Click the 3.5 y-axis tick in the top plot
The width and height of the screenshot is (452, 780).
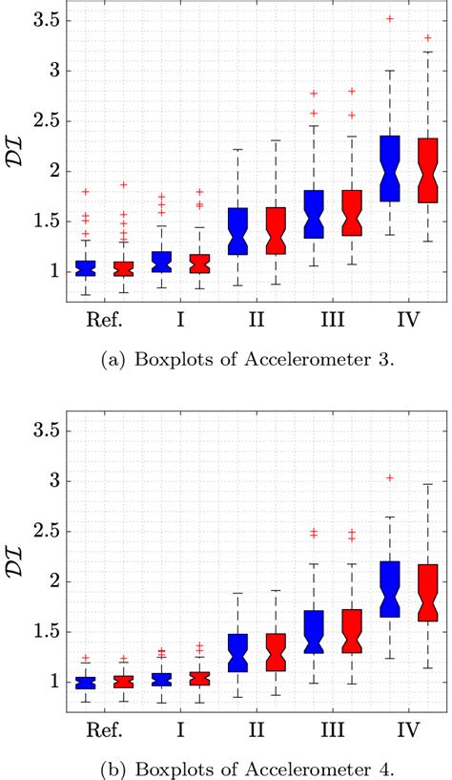coord(37,20)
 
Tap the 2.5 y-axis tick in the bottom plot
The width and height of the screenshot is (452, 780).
coord(37,532)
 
